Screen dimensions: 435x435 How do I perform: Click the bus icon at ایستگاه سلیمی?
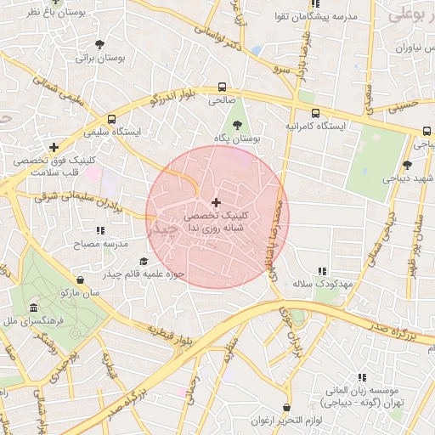[112, 120]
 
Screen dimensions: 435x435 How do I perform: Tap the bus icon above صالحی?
[223, 87]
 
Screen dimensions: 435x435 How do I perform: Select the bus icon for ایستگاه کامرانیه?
[316, 113]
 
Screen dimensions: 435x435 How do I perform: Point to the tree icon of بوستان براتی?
[100, 44]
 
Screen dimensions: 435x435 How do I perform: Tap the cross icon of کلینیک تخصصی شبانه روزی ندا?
[216, 202]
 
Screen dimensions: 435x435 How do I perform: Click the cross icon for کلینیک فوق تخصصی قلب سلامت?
[54, 146]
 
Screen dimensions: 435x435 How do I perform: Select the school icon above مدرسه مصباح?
[101, 230]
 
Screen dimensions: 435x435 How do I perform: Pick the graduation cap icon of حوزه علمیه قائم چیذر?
[144, 261]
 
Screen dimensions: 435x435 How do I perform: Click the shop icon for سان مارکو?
[80, 280]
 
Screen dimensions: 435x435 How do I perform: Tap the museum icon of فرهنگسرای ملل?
[33, 308]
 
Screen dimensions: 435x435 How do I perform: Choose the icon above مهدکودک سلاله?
[321, 270]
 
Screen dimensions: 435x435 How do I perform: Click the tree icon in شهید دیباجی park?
[407, 165]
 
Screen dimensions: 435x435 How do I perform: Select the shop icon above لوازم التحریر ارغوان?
[286, 408]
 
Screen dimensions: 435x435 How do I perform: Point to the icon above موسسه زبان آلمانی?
[362, 376]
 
